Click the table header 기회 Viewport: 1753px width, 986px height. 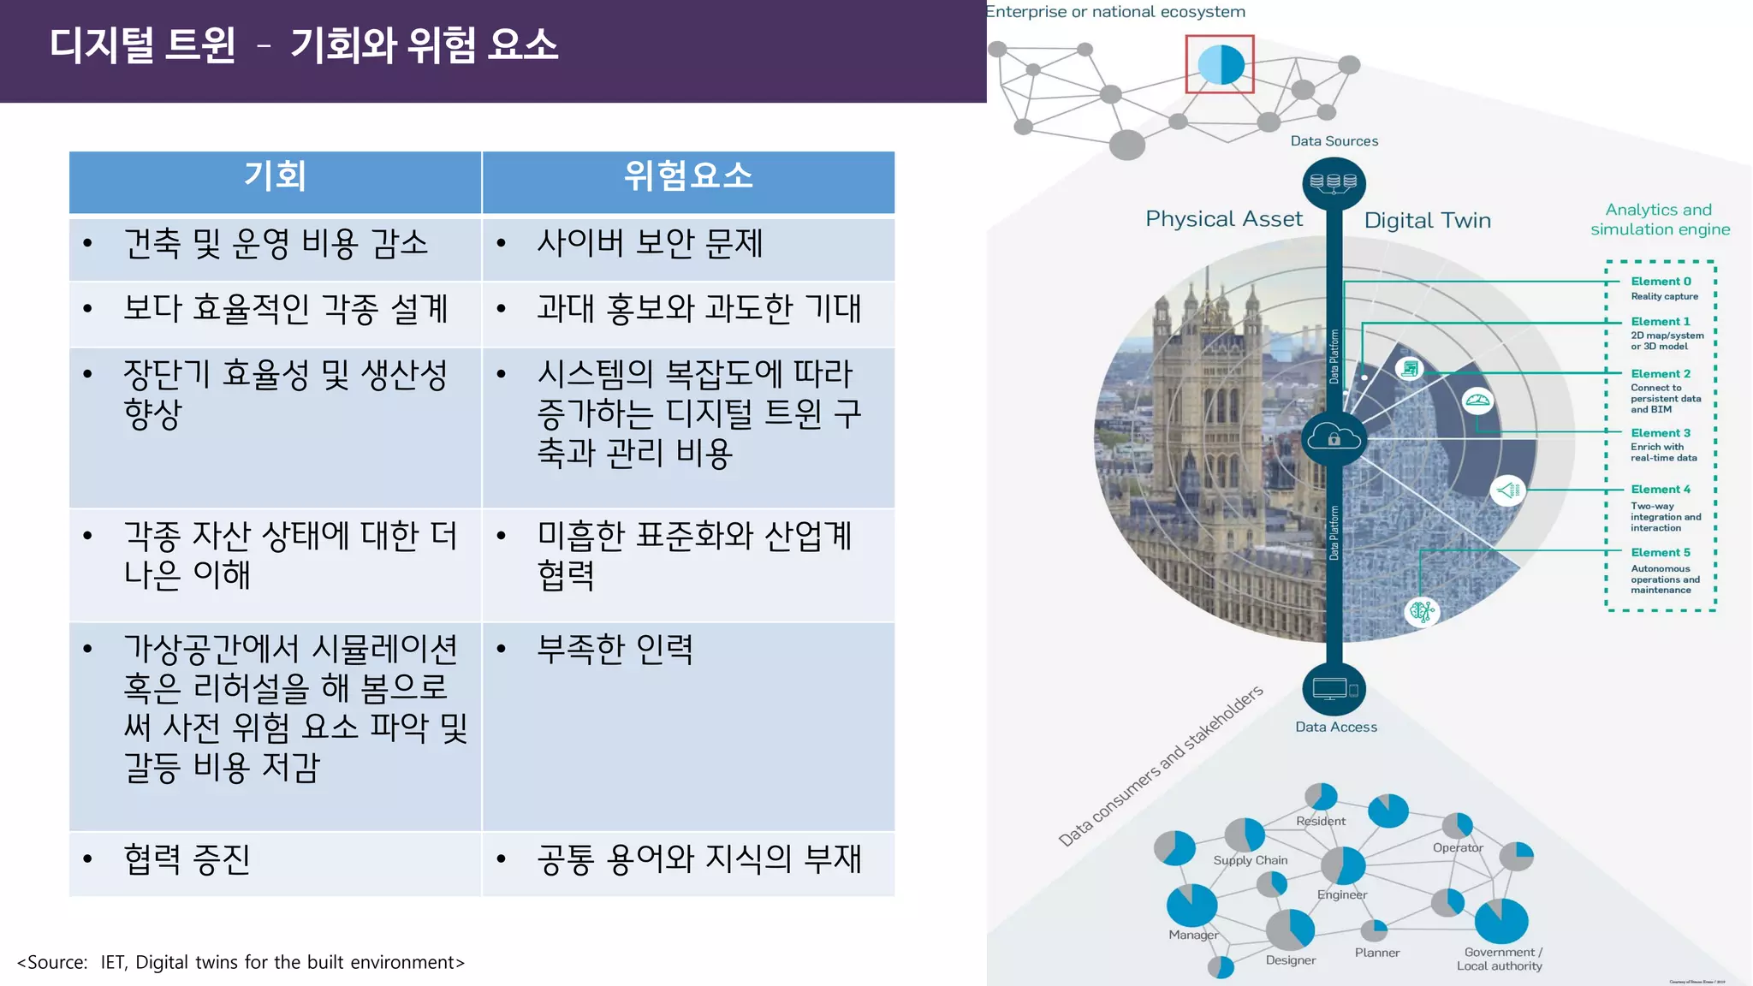[x=275, y=176]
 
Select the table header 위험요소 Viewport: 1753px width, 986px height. [x=688, y=176]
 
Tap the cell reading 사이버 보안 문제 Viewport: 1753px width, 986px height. [x=649, y=244]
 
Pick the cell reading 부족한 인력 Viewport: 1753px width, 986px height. [x=615, y=650]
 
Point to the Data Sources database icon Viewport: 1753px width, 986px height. [x=1334, y=182]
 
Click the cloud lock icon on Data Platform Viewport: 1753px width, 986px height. [x=1334, y=438]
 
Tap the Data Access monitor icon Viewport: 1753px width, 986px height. [x=1334, y=689]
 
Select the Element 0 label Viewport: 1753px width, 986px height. [x=1661, y=282]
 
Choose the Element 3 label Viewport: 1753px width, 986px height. [x=1661, y=433]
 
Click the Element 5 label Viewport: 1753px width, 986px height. [x=1661, y=553]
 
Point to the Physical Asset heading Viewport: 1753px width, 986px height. [x=1224, y=219]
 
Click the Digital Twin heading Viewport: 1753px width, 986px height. [x=1427, y=221]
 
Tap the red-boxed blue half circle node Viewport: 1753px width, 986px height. [x=1220, y=64]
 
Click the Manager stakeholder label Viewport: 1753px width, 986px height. [x=1193, y=936]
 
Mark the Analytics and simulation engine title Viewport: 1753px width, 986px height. [x=1660, y=220]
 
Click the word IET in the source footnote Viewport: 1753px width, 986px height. [x=113, y=963]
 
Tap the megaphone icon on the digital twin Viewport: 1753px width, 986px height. [x=1507, y=490]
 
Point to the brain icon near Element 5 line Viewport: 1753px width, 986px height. [x=1422, y=611]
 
